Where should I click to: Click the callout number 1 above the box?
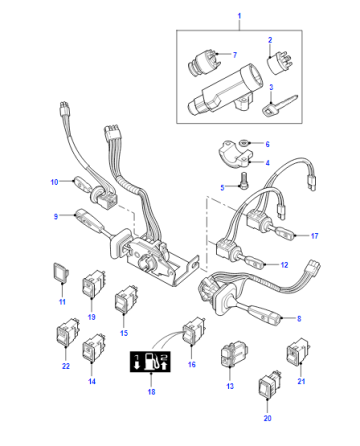click(239, 16)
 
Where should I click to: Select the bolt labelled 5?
click(244, 180)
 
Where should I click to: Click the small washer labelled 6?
click(244, 143)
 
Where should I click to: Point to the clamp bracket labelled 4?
click(235, 156)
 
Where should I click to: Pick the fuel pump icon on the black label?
click(151, 362)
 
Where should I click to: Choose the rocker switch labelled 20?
click(269, 384)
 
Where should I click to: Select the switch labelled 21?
click(298, 352)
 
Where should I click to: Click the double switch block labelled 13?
click(234, 353)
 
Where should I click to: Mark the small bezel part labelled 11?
click(61, 272)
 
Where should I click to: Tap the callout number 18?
click(151, 392)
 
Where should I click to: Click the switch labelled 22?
click(68, 332)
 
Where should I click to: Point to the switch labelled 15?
click(126, 300)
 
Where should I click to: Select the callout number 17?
click(315, 236)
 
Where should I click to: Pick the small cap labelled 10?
click(81, 183)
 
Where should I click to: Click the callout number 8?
click(299, 318)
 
